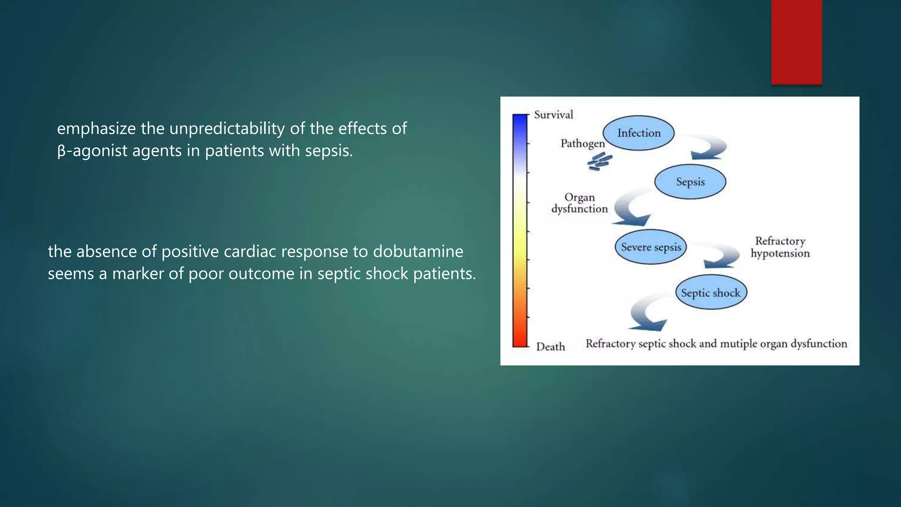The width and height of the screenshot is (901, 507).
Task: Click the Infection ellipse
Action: tap(638, 133)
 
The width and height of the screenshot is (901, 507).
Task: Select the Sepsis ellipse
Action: tap(690, 182)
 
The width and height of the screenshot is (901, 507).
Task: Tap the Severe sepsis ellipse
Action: tap(651, 247)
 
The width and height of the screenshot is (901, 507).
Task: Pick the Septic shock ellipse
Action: tap(711, 293)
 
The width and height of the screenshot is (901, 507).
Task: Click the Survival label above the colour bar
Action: tap(553, 115)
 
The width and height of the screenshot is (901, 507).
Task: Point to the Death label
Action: tap(550, 347)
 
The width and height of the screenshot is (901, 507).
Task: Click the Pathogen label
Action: tap(582, 143)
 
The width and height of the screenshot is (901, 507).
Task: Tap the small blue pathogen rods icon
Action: tap(599, 162)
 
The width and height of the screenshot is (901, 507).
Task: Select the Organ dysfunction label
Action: tap(579, 203)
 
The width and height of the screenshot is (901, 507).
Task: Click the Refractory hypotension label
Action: tap(780, 247)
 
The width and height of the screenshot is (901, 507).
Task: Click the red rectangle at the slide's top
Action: tap(796, 42)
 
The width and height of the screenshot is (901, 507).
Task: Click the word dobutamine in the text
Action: tap(418, 252)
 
